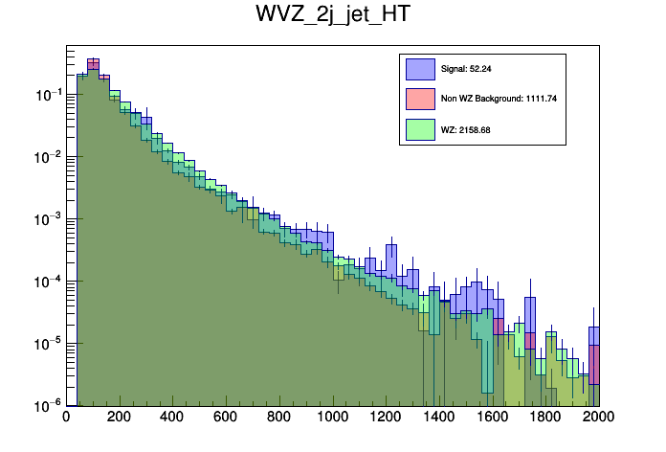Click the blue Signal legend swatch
(x=419, y=69)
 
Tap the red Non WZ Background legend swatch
(x=419, y=99)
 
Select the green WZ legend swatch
(x=419, y=128)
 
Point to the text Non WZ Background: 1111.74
(x=499, y=99)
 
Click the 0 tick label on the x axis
(x=66, y=418)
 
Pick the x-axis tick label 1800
(x=545, y=418)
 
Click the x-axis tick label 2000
(x=599, y=418)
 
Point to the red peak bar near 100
(x=93, y=64)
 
